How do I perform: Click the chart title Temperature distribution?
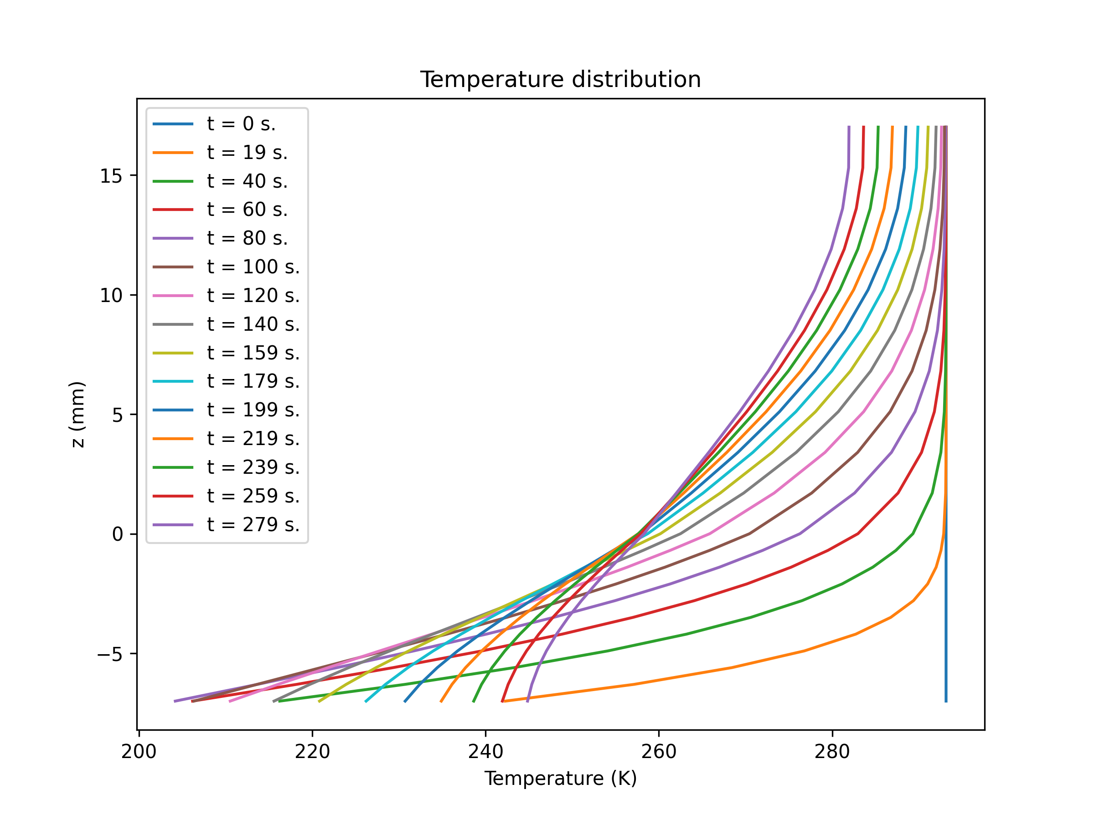click(x=560, y=80)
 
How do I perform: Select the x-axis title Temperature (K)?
click(x=560, y=779)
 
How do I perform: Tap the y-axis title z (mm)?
click(x=78, y=414)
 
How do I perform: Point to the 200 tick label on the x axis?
click(x=139, y=752)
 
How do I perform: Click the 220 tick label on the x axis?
click(x=312, y=752)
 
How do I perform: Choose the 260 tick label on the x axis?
click(x=659, y=752)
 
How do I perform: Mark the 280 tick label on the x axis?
click(x=832, y=752)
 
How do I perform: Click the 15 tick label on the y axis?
click(x=111, y=176)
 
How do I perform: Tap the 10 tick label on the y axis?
click(x=111, y=296)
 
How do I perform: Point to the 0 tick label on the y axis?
click(x=117, y=534)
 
